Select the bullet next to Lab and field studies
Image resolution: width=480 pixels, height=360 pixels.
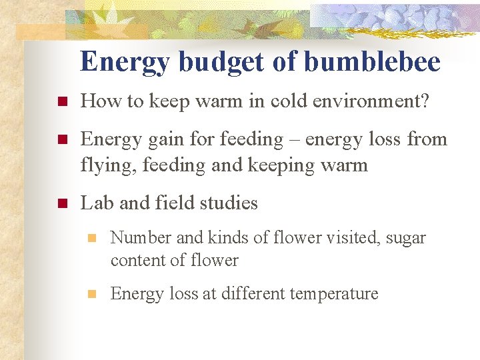(61, 203)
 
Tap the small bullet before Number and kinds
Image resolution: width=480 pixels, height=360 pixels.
(93, 239)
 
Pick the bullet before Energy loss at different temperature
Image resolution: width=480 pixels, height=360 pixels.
(93, 294)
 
